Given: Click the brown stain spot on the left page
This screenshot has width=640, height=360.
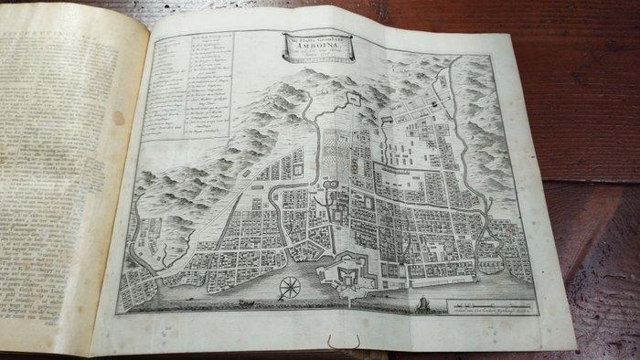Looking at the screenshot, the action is pyautogui.click(x=118, y=118).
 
